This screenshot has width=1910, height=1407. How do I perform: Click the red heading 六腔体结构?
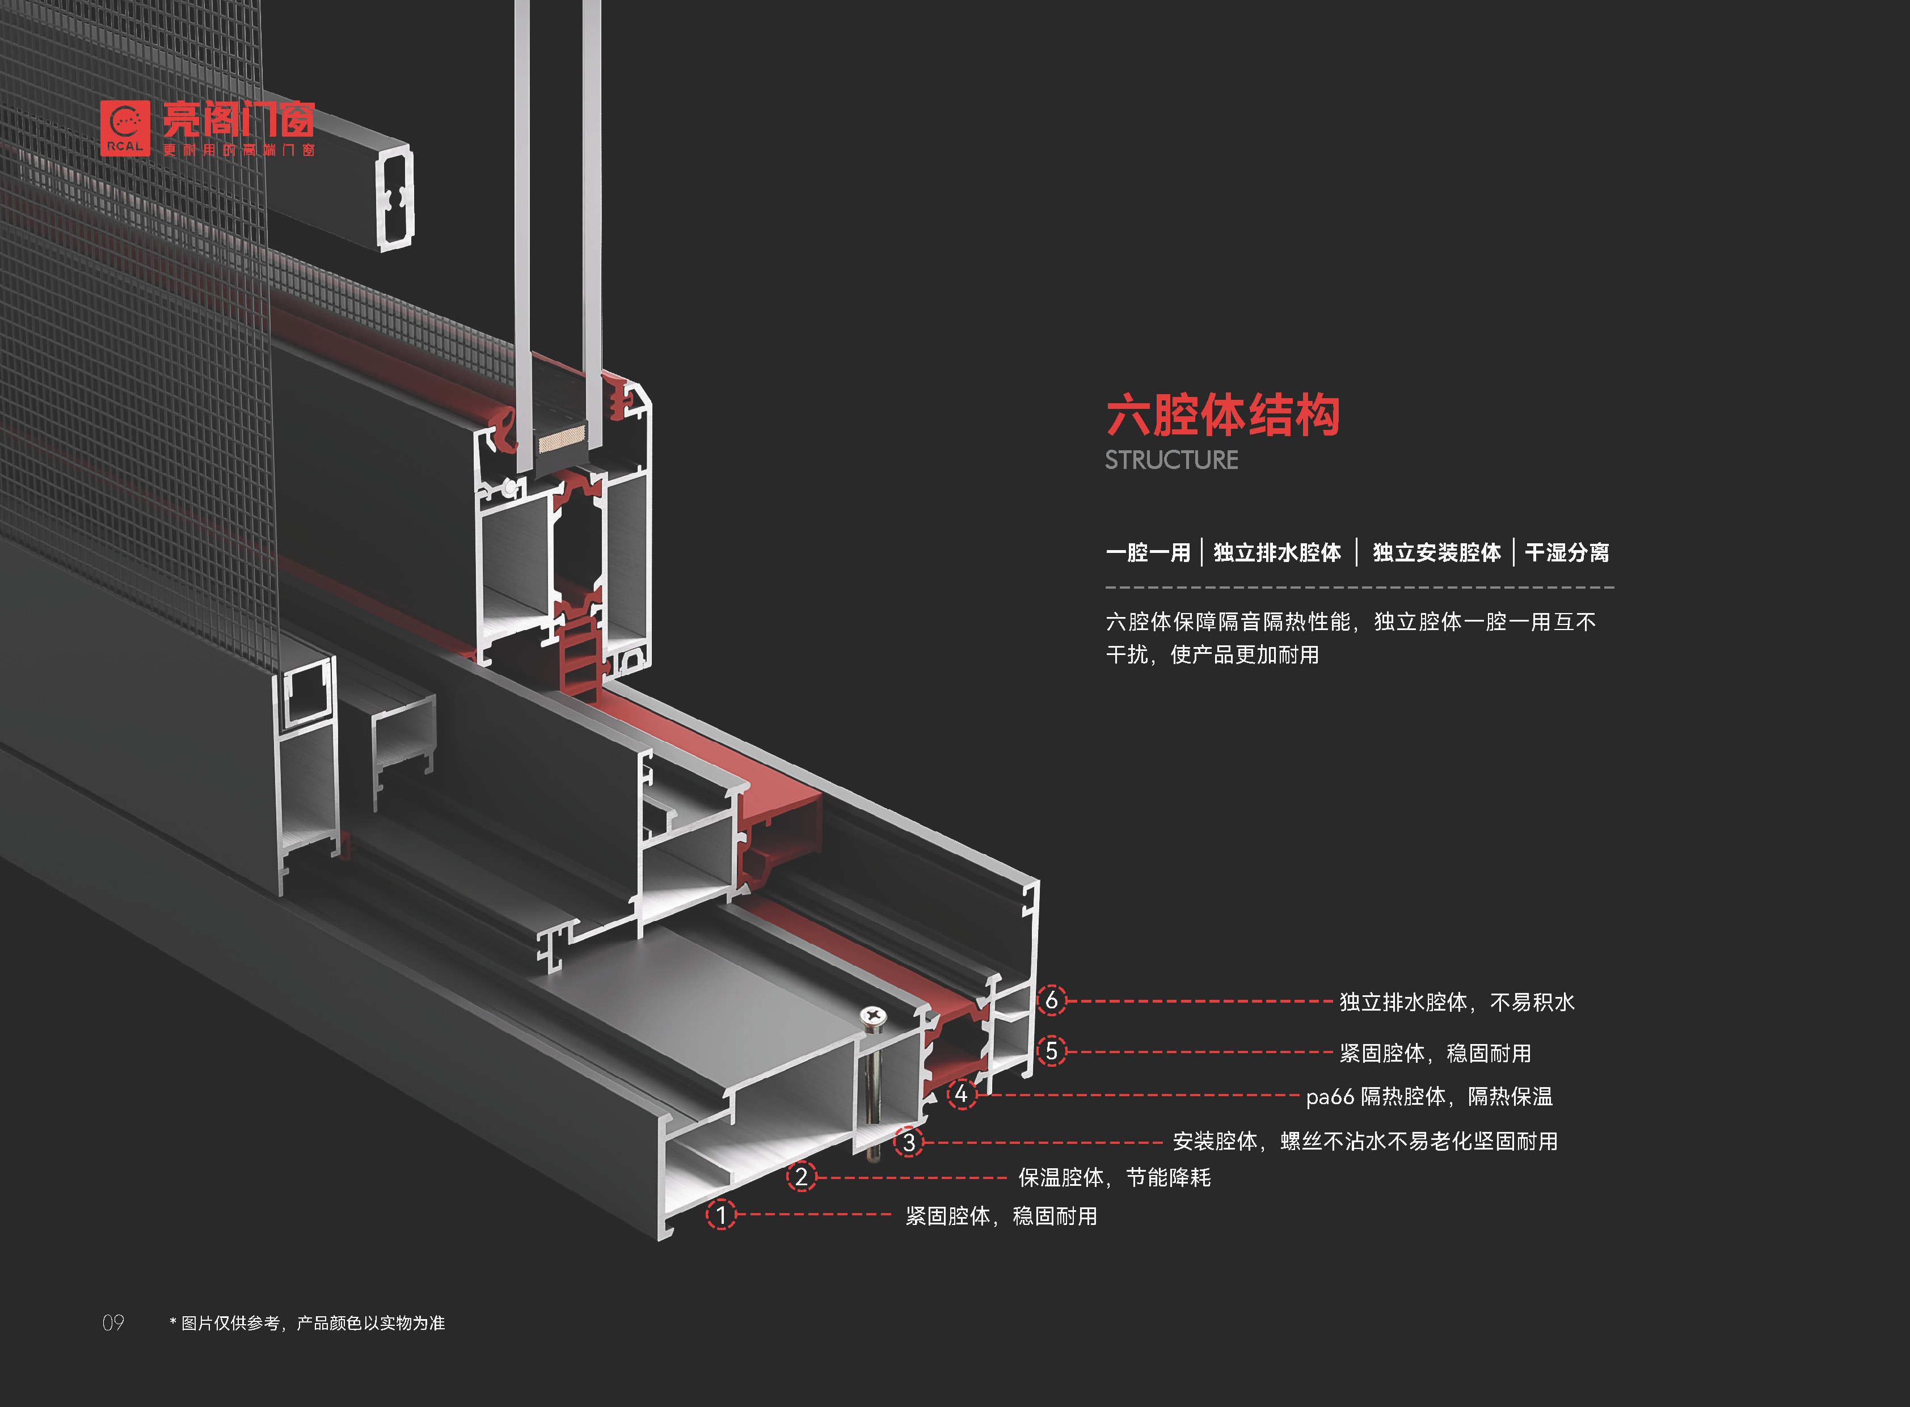tap(1222, 416)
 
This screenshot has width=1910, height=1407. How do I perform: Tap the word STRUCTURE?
tap(1171, 460)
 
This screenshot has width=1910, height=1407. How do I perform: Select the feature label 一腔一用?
tap(1148, 553)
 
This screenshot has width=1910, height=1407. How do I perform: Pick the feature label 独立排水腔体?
tap(1277, 553)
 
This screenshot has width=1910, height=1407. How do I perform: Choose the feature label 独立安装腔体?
tap(1436, 553)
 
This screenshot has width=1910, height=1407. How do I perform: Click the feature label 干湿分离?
tap(1567, 553)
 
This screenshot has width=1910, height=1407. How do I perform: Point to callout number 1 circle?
tap(721, 1215)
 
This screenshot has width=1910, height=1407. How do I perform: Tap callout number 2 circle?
tap(801, 1177)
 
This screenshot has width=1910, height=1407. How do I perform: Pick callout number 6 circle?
tap(1051, 1000)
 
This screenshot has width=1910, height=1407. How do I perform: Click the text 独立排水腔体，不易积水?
tap(1457, 1003)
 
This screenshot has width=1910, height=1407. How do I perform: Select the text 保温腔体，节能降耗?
tap(1114, 1178)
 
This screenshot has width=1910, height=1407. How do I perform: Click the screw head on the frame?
tap(872, 1015)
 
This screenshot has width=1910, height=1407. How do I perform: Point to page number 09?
tap(113, 1323)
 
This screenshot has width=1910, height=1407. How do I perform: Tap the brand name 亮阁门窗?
tap(238, 120)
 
